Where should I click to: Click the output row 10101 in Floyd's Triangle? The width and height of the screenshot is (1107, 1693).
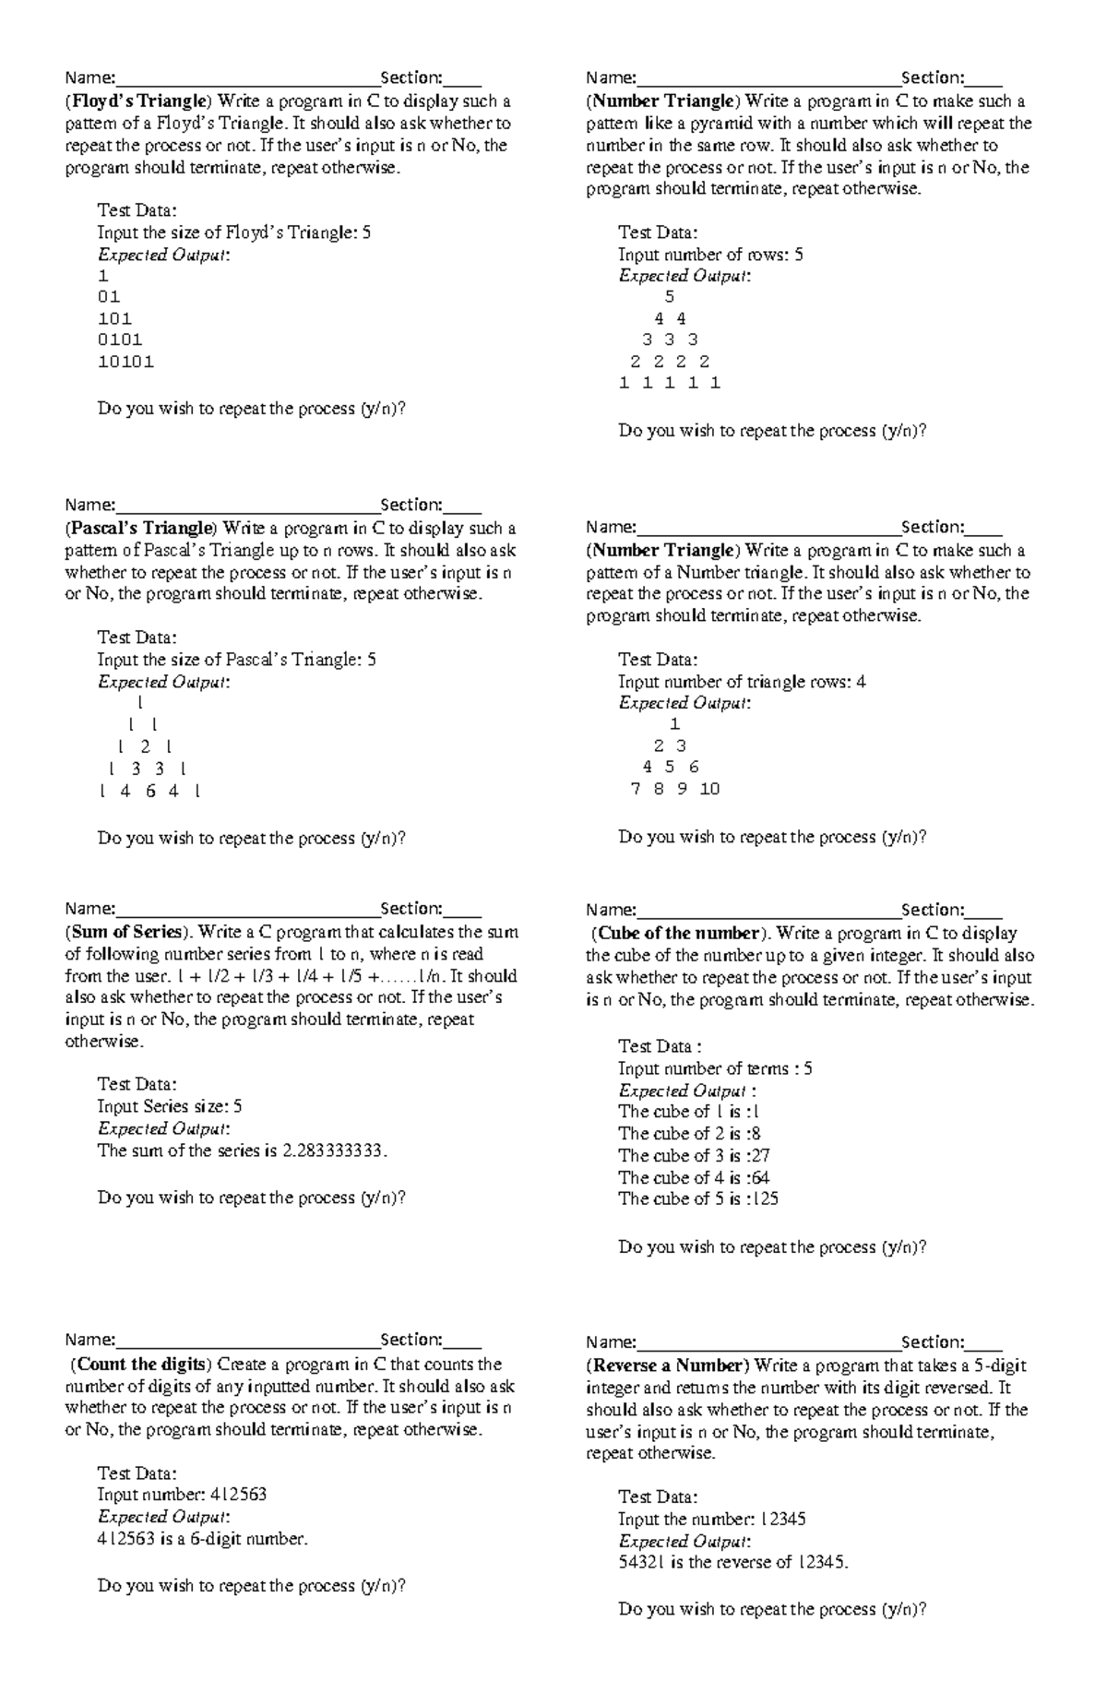(125, 362)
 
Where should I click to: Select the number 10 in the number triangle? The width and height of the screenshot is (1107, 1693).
(709, 789)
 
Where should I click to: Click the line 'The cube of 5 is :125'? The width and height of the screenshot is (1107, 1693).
(698, 1198)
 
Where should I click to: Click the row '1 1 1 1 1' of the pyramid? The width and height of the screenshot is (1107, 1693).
(670, 383)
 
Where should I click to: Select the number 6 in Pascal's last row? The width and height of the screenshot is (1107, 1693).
(150, 791)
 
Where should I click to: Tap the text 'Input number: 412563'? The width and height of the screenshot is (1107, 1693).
(182, 1495)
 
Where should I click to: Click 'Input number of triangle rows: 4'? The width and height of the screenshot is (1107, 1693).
(742, 682)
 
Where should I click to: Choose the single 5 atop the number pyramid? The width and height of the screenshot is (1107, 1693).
(670, 297)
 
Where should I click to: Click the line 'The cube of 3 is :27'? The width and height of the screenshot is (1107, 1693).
(694, 1155)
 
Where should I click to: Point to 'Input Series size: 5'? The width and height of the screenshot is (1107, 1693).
(170, 1106)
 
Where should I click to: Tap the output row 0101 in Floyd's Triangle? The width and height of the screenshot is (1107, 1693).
(120, 340)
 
